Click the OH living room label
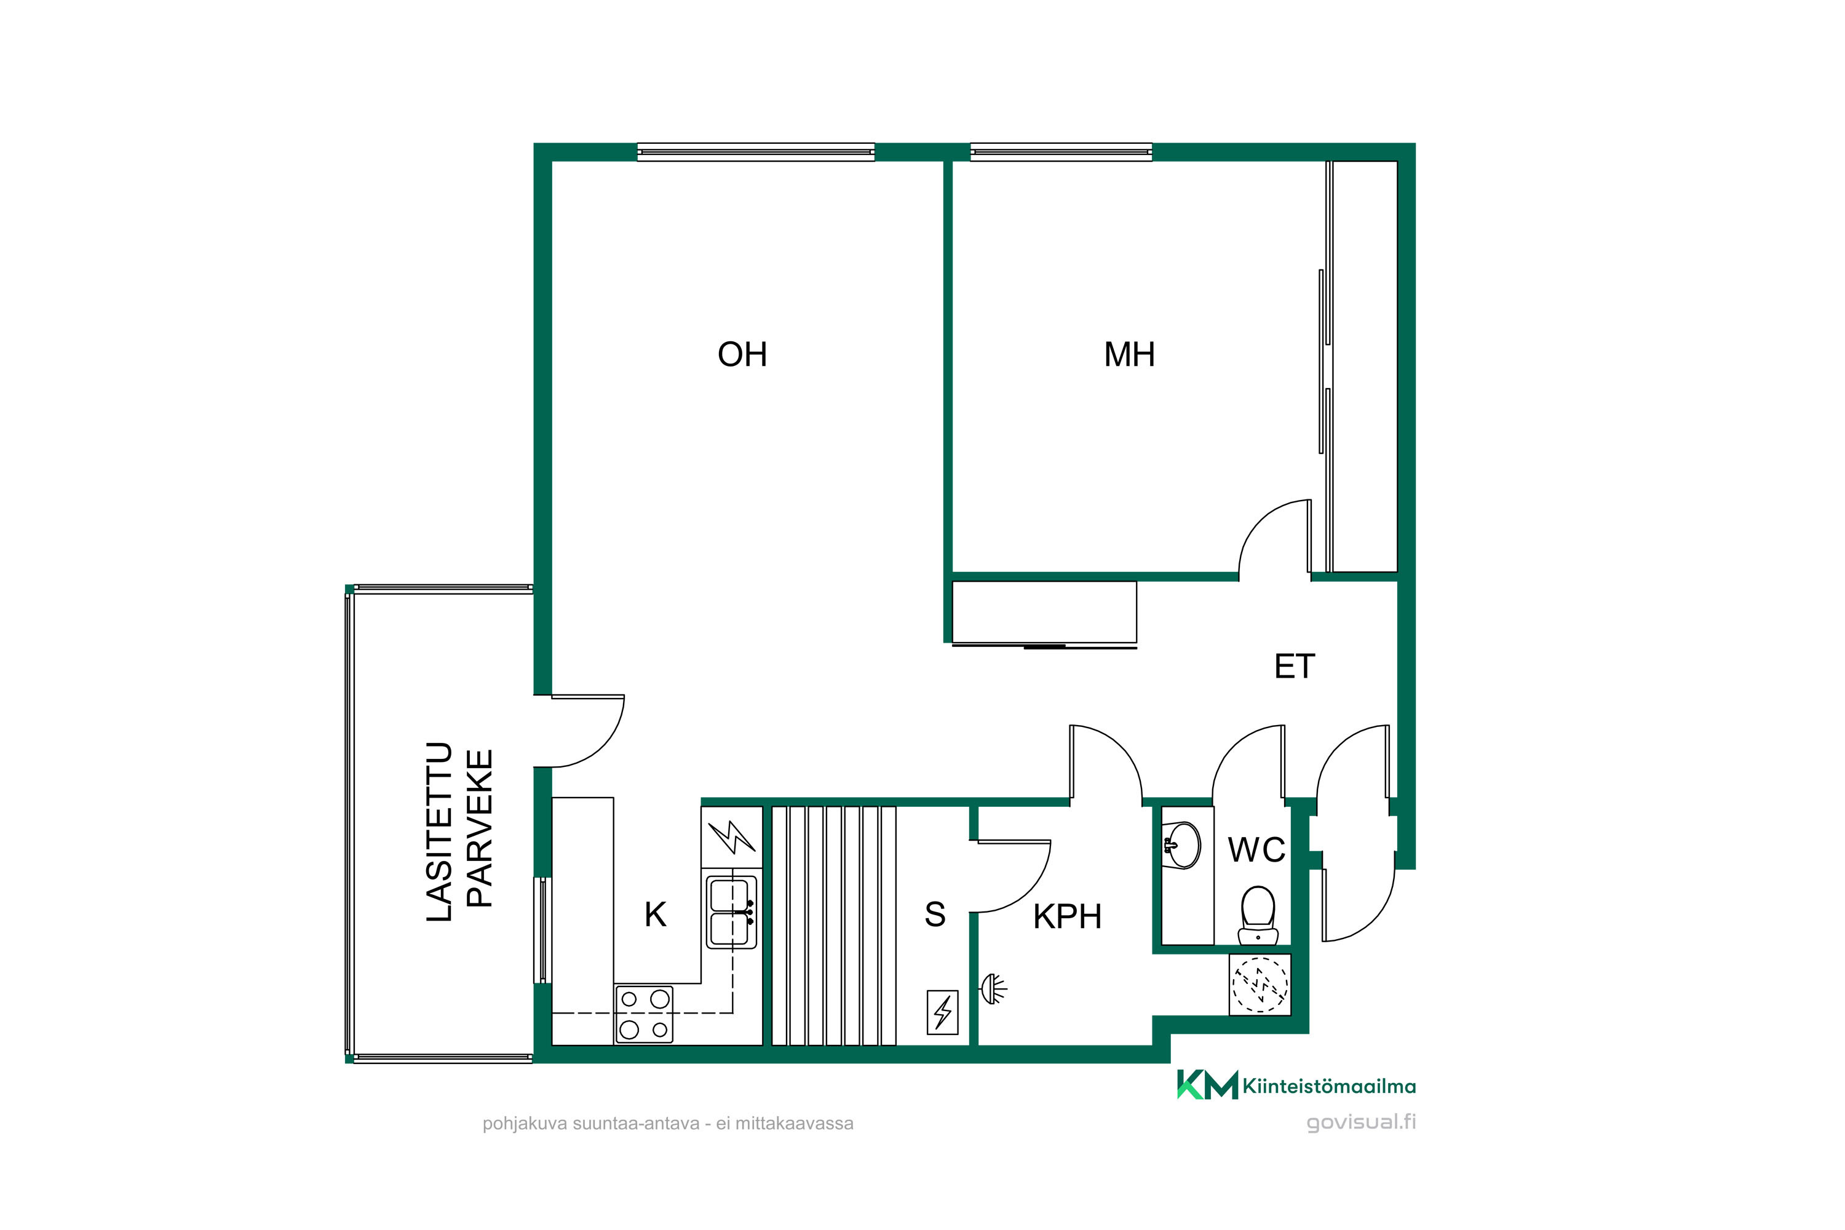tap(742, 355)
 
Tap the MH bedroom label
tap(1130, 355)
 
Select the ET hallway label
tap(1295, 667)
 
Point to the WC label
tap(1256, 849)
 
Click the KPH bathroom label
tap(1068, 916)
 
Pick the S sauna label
tap(935, 915)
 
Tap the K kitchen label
tap(655, 915)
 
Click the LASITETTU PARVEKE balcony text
tap(459, 831)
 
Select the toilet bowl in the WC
tap(1258, 915)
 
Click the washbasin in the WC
tap(1183, 846)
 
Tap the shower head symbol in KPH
tap(994, 988)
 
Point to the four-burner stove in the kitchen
tap(644, 1014)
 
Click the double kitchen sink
tap(731, 912)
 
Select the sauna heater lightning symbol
tap(942, 1013)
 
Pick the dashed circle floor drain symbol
tap(1260, 985)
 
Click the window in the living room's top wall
tap(755, 152)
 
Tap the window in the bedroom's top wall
tap(1061, 152)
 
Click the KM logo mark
tap(1207, 1085)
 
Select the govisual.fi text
tap(1361, 1122)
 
